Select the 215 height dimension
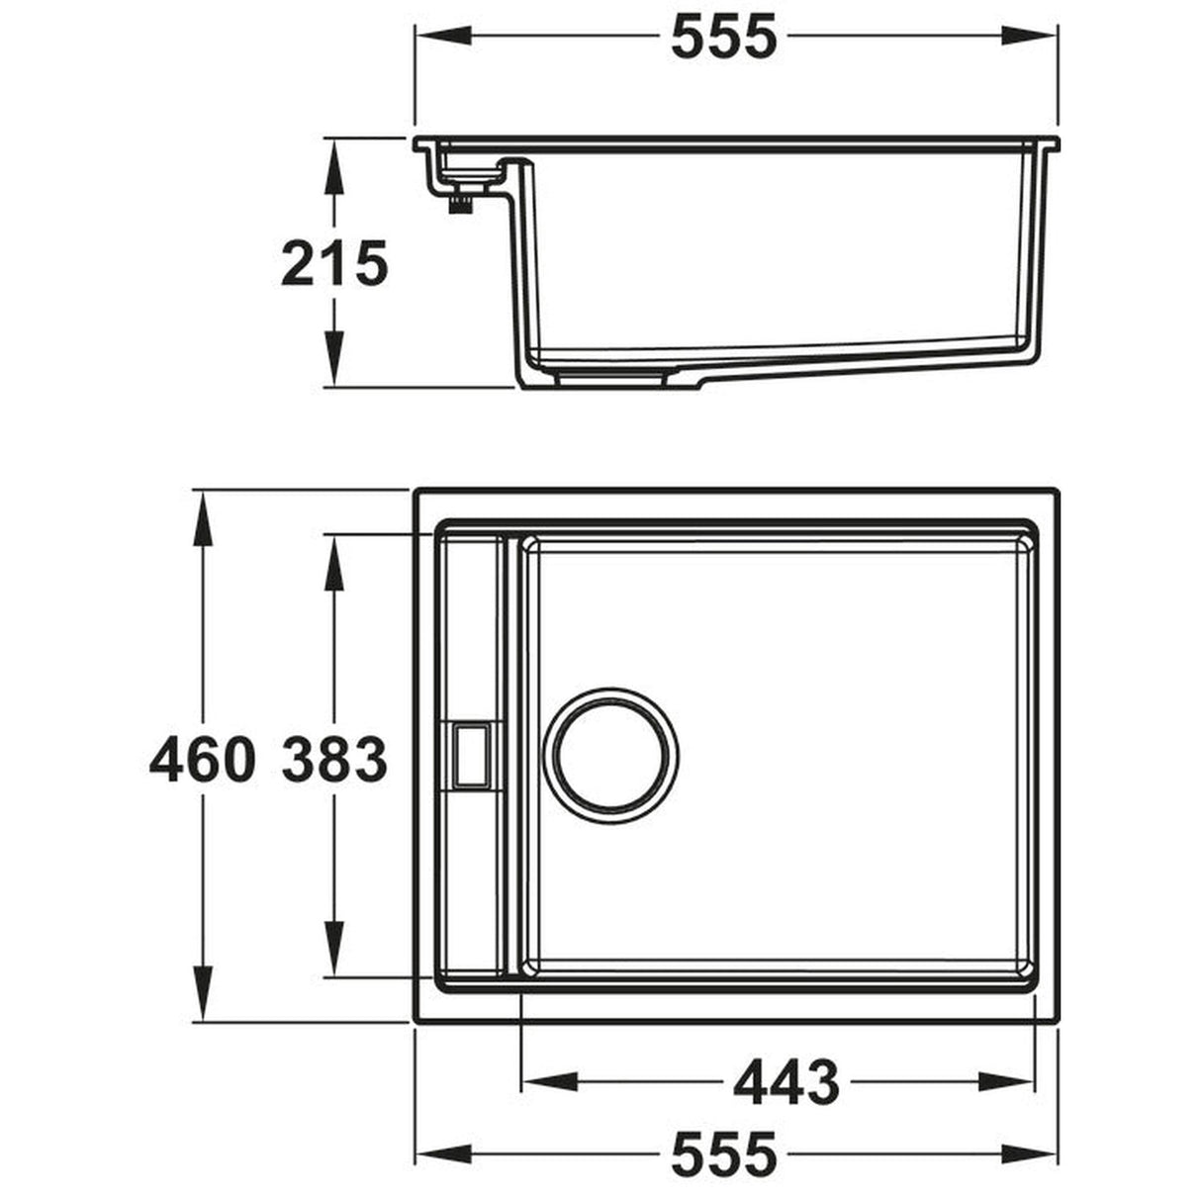click(x=333, y=264)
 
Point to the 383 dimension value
click(x=333, y=760)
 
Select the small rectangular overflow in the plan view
click(x=473, y=755)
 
